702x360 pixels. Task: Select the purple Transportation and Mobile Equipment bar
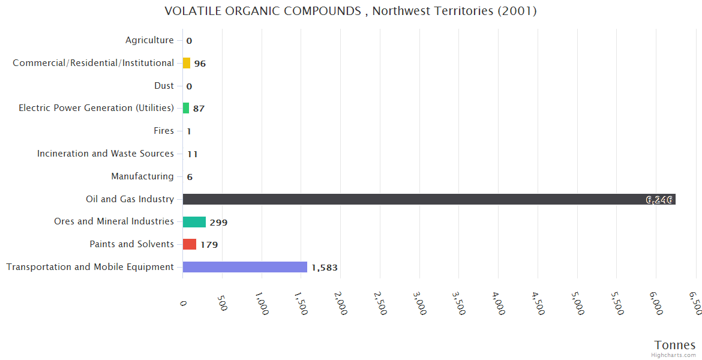(x=245, y=267)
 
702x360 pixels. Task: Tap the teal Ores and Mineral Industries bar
(x=194, y=222)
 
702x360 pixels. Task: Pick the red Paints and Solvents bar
(x=190, y=244)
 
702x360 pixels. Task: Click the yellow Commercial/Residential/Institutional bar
(x=187, y=63)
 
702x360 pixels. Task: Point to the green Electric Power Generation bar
(x=186, y=108)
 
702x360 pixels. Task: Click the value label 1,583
(x=325, y=268)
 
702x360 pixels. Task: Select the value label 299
(x=218, y=223)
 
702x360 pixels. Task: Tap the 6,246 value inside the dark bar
(x=658, y=200)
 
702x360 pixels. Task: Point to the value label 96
(x=200, y=64)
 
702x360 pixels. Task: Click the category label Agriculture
(x=149, y=40)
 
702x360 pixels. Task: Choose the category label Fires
(x=164, y=131)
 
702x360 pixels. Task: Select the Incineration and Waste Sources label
(x=106, y=154)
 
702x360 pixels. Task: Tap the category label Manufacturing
(x=142, y=176)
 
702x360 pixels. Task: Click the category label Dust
(x=164, y=86)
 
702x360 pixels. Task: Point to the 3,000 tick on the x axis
(x=419, y=304)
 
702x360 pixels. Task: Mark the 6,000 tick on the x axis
(x=656, y=304)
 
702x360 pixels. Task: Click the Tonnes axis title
(x=674, y=345)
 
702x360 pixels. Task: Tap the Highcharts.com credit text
(x=674, y=355)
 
